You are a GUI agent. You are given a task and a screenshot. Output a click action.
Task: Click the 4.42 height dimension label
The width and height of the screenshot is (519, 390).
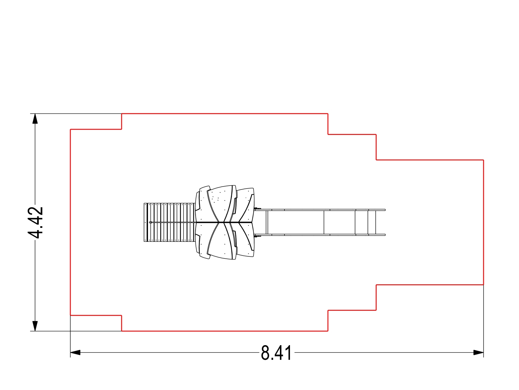pos(35,222)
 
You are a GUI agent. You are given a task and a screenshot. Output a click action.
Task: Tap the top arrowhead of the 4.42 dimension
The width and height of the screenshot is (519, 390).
pos(35,118)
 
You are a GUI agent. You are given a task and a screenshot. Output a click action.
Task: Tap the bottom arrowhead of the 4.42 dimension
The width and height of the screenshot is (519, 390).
pos(35,326)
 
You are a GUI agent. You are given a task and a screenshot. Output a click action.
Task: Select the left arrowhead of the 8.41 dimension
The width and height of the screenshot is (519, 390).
pos(76,352)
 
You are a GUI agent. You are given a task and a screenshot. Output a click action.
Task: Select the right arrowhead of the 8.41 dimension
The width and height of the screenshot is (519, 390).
pos(478,352)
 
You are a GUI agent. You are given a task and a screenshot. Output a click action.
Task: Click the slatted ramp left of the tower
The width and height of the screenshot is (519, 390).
pos(170,222)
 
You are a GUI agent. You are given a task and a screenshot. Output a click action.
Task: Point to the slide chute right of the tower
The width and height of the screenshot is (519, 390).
pos(320,222)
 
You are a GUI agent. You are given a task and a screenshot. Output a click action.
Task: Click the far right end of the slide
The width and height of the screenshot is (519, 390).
pos(385,222)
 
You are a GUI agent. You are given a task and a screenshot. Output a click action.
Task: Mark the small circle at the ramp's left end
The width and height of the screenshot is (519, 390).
pos(151,222)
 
